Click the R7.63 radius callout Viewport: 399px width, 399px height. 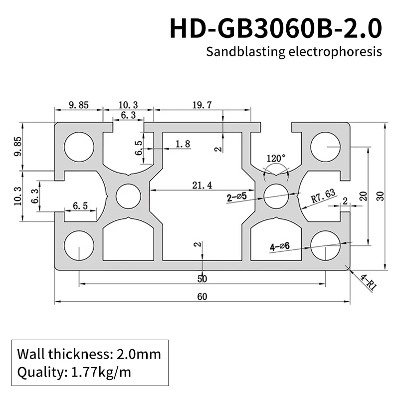click(323, 197)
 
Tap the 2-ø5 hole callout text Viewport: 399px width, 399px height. click(237, 198)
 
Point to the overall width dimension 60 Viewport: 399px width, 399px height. click(202, 297)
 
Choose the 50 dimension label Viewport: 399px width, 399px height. click(202, 278)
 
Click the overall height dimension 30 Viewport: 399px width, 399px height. click(381, 196)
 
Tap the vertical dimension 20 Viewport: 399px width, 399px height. click(363, 196)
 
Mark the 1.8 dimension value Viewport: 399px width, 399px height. click(183, 144)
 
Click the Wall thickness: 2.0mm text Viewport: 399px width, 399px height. click(89, 355)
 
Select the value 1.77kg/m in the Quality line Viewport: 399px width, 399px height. click(101, 372)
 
